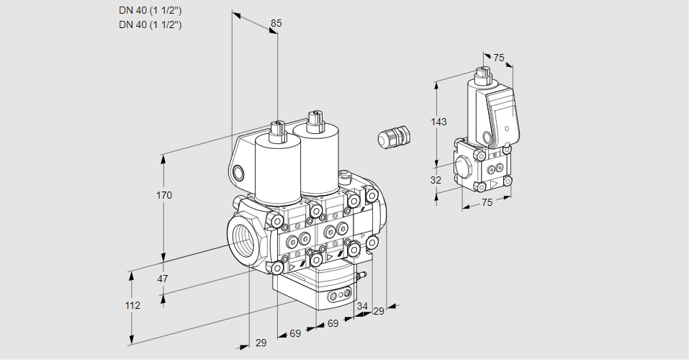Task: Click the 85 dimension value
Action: [276, 23]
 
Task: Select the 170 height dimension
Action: [164, 195]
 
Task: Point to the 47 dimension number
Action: [163, 279]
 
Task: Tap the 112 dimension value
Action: [132, 305]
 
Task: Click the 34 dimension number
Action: [361, 307]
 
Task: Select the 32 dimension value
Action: [436, 180]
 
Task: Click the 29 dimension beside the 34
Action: [379, 311]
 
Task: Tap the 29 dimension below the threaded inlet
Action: [261, 343]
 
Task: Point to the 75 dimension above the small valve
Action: [499, 58]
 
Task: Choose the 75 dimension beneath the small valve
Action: [487, 202]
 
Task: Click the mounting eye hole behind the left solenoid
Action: [238, 172]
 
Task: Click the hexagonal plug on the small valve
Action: [464, 165]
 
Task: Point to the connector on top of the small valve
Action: [482, 73]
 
